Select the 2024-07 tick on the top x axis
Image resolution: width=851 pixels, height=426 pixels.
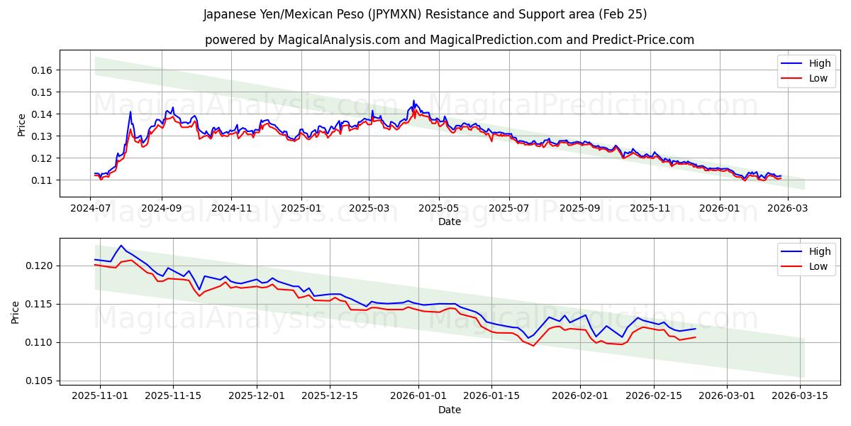90,209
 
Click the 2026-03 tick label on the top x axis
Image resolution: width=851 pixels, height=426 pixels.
788,209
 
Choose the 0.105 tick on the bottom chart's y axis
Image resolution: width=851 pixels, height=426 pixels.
38,381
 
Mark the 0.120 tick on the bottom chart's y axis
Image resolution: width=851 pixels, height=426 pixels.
38,266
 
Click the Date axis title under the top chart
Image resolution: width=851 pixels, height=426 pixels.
449,222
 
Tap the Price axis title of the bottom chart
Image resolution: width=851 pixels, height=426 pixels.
16,312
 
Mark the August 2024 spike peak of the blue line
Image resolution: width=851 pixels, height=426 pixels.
130,111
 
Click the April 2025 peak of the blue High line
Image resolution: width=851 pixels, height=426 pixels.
414,101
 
